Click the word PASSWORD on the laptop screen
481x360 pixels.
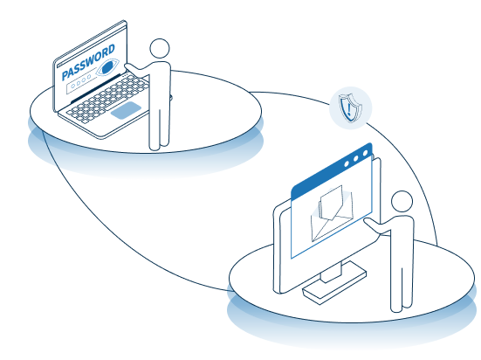(x=88, y=62)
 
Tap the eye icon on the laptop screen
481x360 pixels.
(x=107, y=67)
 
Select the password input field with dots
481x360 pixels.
(x=80, y=82)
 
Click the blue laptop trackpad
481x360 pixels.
(x=126, y=110)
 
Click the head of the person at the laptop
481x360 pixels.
(x=160, y=48)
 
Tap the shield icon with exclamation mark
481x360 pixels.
(x=350, y=108)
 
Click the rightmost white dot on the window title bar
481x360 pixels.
(x=365, y=153)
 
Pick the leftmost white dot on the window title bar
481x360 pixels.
(x=347, y=163)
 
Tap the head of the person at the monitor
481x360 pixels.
(x=402, y=201)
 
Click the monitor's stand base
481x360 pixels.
(x=334, y=286)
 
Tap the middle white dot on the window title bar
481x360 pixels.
(x=356, y=158)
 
